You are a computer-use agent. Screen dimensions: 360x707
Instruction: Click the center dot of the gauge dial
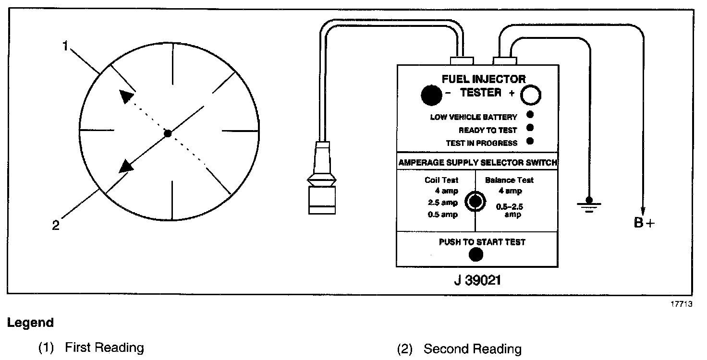point(168,133)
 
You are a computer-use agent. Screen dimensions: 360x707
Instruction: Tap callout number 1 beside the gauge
point(66,47)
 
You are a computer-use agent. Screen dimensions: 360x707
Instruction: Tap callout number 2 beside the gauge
point(56,225)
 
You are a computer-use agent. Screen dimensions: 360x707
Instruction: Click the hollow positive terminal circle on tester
point(531,95)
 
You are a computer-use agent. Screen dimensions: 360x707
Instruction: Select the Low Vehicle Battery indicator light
point(530,115)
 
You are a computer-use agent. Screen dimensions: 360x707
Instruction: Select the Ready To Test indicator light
point(530,128)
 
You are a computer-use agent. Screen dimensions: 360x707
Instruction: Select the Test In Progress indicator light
point(530,141)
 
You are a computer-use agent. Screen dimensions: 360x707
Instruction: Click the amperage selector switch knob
point(475,202)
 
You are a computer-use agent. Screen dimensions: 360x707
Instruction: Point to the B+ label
point(644,223)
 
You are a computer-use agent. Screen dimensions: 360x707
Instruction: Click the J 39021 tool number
point(476,280)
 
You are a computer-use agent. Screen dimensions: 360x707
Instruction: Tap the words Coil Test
point(441,180)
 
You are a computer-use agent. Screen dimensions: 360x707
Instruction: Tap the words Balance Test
point(509,180)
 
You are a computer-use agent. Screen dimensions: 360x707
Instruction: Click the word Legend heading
point(30,323)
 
